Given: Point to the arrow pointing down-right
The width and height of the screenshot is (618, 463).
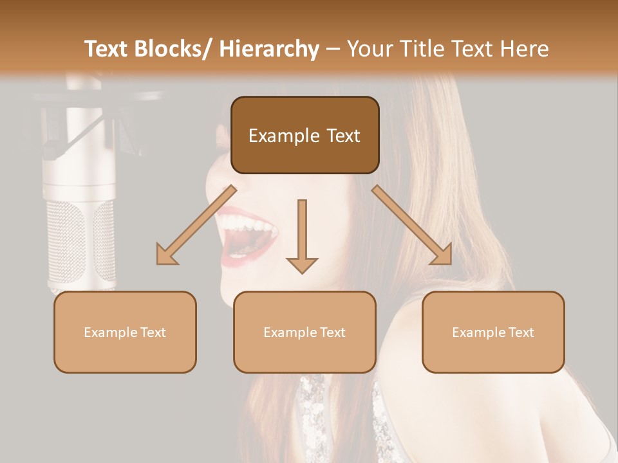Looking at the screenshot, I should coord(412,225).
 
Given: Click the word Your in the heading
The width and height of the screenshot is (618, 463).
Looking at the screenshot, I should coord(370,49).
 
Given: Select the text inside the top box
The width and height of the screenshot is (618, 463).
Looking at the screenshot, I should coord(304,136).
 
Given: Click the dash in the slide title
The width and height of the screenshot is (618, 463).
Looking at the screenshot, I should coord(333,49).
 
